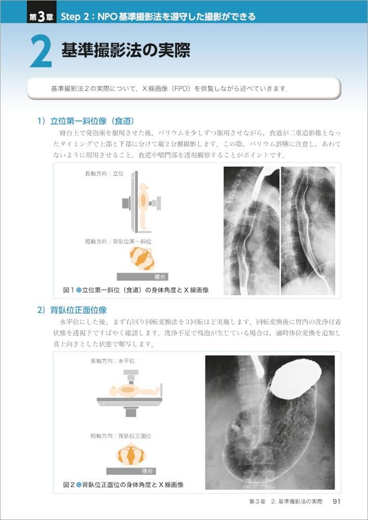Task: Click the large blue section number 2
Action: coord(41,53)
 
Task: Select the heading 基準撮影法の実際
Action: coord(125,50)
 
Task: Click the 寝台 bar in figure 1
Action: coord(142,277)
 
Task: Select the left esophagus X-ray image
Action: coord(251,230)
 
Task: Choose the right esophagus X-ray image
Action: coord(308,230)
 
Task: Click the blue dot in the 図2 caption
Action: coord(79,485)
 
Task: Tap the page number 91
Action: coord(336,502)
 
